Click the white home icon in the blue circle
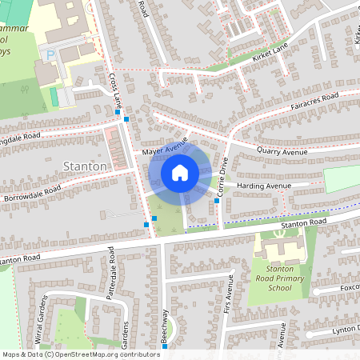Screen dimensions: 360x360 pos(179,173)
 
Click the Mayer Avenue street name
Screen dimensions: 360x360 pos(164,146)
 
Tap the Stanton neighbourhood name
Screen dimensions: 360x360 pos(84,166)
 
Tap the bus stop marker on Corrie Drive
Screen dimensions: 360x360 pos(217,201)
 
